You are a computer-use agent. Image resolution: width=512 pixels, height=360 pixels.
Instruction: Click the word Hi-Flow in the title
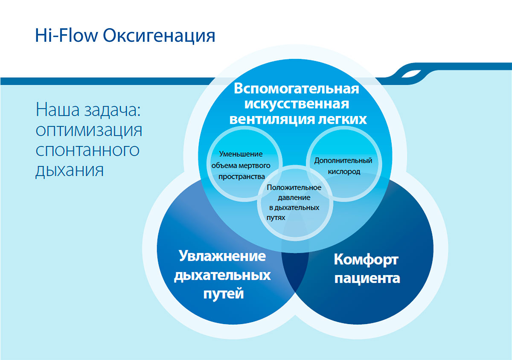66,35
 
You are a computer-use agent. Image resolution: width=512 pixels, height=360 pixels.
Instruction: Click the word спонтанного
87,150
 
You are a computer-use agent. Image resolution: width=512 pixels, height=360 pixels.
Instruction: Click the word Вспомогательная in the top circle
297,88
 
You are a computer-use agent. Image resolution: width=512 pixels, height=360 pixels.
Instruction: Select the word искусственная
297,104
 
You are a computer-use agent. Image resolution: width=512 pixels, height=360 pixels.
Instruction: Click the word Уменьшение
241,154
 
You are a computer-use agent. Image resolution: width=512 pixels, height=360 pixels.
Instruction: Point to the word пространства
241,177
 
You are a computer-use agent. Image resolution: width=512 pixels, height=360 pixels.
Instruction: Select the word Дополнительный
343,161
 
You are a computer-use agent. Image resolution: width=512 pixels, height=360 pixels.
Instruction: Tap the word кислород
344,171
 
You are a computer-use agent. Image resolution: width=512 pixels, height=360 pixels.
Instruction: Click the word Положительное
294,188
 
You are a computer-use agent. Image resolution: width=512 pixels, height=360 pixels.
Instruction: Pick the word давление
294,198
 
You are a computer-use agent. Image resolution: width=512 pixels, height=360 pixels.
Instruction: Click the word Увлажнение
222,256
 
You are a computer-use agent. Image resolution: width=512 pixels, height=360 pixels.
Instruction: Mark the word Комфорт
366,260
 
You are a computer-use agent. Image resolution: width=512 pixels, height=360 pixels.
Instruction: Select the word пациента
367,279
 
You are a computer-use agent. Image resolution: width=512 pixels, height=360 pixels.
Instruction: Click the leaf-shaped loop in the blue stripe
411,74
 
